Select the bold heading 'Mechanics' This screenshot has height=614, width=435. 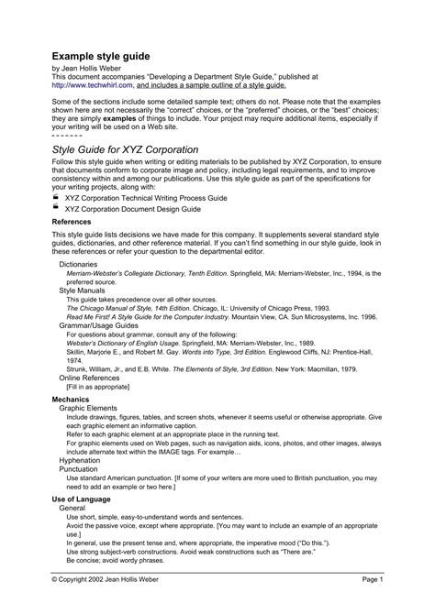pyautogui.click(x=71, y=400)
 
